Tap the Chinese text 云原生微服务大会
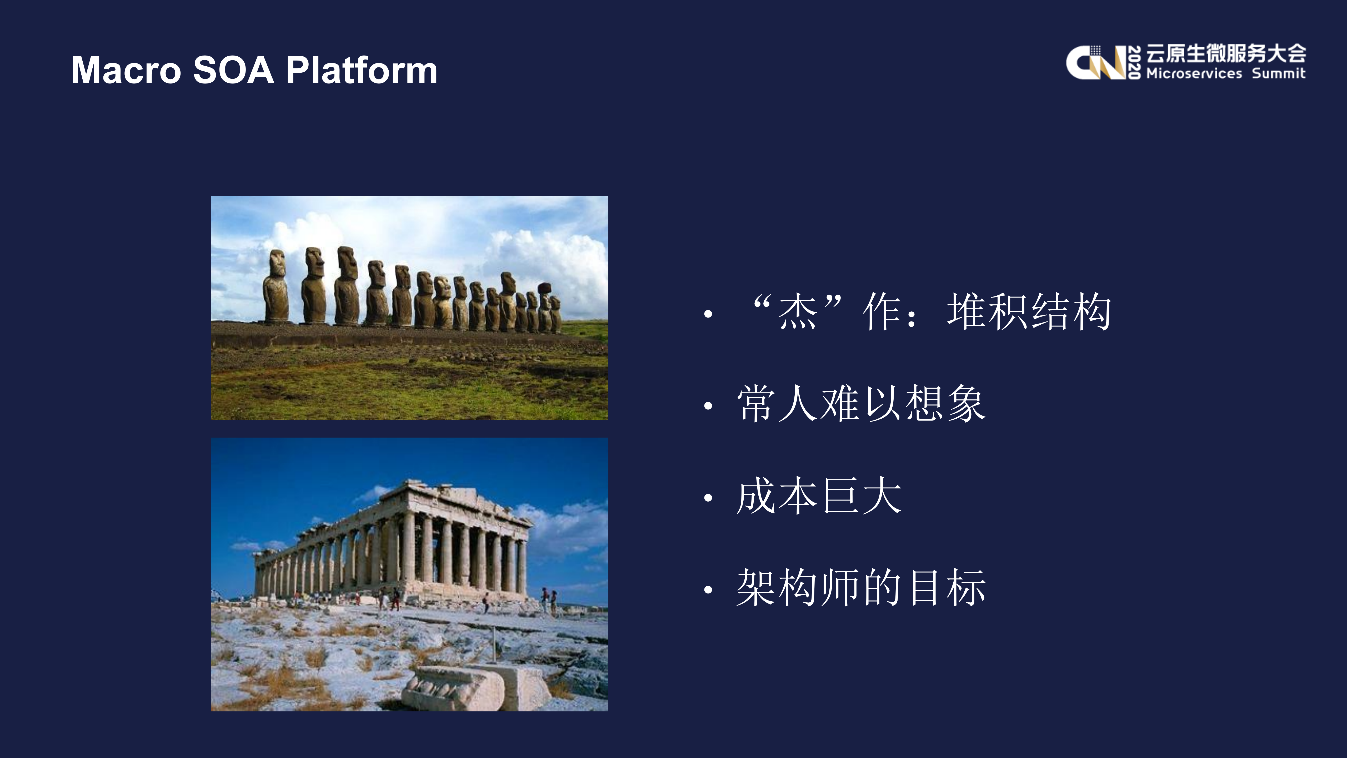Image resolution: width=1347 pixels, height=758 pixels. [1226, 53]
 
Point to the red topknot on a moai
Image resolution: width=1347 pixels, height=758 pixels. [544, 288]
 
